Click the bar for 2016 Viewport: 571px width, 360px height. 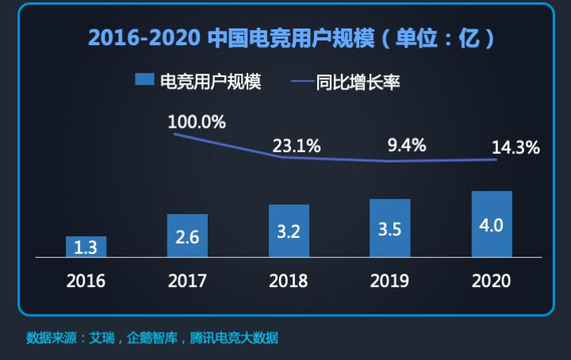point(86,247)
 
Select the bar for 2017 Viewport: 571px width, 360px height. point(187,236)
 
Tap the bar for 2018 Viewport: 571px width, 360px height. point(289,231)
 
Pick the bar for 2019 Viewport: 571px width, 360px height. point(390,228)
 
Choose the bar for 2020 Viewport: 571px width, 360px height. point(492,224)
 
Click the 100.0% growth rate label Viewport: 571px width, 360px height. point(197,122)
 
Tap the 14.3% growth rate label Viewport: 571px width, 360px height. point(515,147)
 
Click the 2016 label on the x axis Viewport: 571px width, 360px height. point(86,281)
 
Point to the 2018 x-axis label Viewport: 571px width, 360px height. point(289,281)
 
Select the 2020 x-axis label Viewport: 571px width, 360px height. point(492,281)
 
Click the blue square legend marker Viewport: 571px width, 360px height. point(144,80)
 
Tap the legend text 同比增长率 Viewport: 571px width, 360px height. point(358,81)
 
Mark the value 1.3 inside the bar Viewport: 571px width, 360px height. point(86,247)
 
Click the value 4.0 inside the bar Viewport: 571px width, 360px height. point(492,225)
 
